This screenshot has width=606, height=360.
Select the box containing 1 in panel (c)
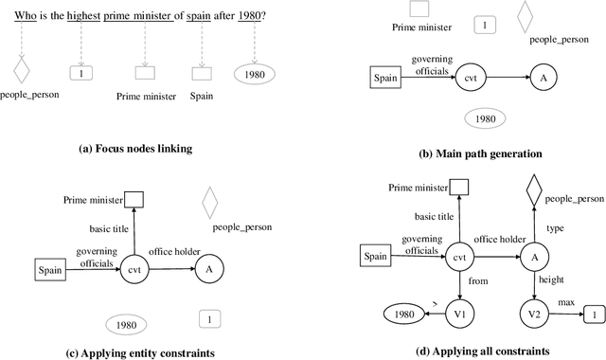point(211,321)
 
